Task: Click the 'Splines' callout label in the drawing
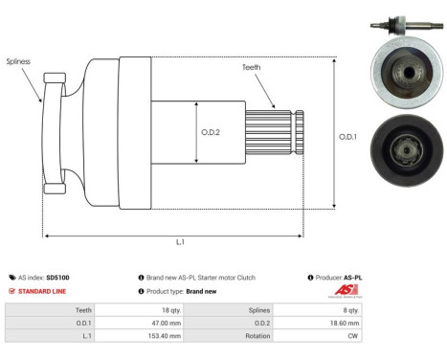tap(18, 60)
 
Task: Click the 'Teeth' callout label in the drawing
tap(252, 67)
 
